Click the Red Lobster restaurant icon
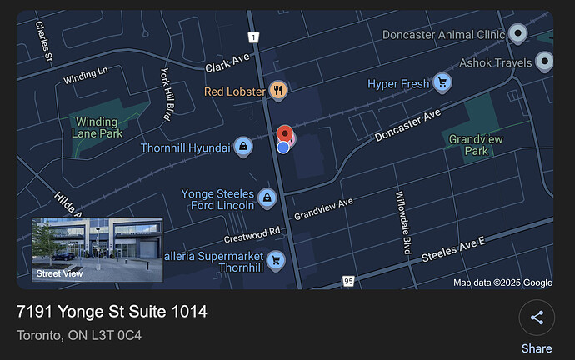point(278,91)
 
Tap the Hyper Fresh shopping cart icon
point(442,82)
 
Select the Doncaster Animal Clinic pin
point(518,34)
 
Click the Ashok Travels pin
point(544,62)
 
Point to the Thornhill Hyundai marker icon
point(242,147)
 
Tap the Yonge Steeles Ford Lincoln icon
point(267,197)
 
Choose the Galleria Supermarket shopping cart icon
point(276,260)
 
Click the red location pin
point(285,135)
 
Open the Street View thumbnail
point(97,249)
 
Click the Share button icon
point(537,317)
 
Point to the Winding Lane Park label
point(97,127)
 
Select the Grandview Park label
point(476,145)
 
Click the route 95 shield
point(348,282)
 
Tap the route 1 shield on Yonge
point(253,37)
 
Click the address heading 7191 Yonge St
point(112,312)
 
